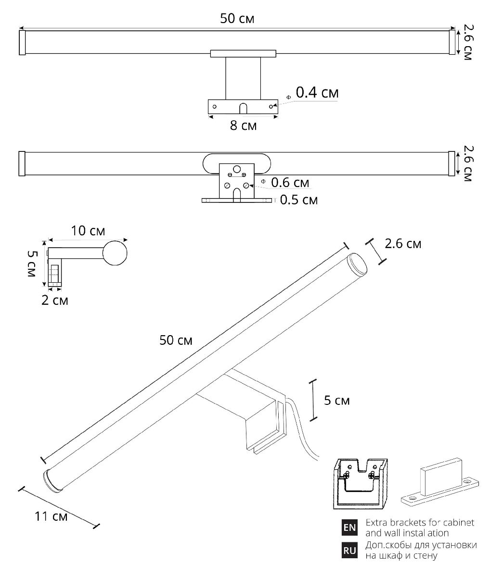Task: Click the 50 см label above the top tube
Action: [x=237, y=19]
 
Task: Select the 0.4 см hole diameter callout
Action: [x=316, y=93]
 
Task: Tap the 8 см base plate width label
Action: [x=243, y=126]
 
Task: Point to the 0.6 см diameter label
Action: [x=290, y=183]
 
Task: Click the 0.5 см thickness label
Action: [x=298, y=200]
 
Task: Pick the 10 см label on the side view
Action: [x=88, y=231]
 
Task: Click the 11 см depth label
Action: [x=51, y=517]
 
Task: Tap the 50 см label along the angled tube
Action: [x=176, y=340]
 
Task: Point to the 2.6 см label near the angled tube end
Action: [x=403, y=244]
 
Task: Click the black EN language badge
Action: [x=349, y=527]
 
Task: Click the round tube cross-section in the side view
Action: [x=115, y=253]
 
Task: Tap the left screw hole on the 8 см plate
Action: [x=215, y=106]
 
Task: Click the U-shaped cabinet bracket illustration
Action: [x=360, y=483]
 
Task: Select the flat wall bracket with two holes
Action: [x=440, y=486]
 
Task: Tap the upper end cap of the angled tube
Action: [x=357, y=264]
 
